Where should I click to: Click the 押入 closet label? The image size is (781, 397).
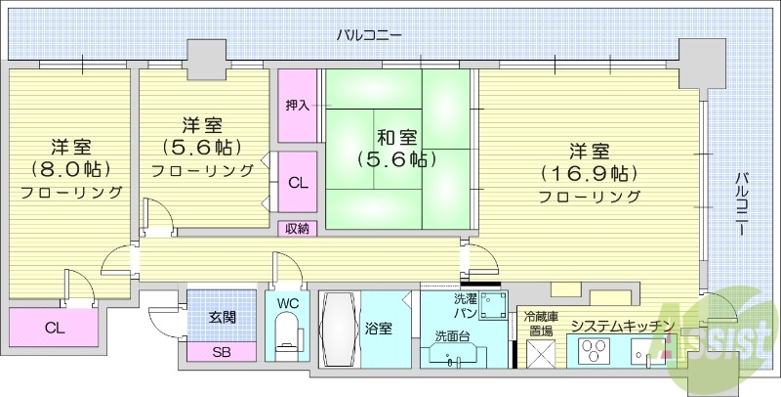(x=298, y=106)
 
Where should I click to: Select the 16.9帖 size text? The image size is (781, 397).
(x=590, y=174)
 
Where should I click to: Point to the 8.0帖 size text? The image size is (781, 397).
(x=70, y=168)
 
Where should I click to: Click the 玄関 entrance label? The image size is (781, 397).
(x=222, y=318)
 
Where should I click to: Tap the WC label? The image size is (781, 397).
(x=288, y=303)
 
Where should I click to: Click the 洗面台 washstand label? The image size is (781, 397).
(x=454, y=336)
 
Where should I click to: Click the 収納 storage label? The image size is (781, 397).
(x=298, y=229)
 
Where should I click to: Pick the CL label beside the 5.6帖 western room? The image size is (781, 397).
(x=299, y=181)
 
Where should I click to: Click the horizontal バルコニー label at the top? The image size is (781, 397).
(x=369, y=36)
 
